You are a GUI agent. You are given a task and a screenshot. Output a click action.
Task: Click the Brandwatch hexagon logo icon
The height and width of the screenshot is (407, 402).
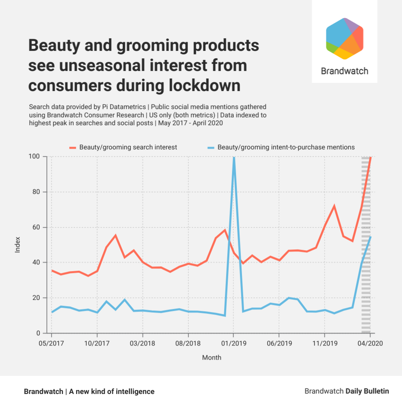[x=344, y=39]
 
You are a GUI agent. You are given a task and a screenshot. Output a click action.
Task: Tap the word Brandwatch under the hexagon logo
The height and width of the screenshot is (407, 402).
[x=344, y=71]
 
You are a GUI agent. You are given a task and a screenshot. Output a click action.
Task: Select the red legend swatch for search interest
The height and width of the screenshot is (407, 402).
[x=73, y=147]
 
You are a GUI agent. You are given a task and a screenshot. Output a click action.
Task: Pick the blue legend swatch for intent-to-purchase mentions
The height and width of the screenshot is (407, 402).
[x=210, y=147]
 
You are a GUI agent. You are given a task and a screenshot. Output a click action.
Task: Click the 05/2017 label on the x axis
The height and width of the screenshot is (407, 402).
[x=52, y=344]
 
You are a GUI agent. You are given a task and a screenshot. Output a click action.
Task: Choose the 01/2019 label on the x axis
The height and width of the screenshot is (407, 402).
[x=234, y=344]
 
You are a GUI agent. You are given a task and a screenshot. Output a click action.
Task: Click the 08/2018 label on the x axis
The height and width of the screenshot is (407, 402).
[x=188, y=344]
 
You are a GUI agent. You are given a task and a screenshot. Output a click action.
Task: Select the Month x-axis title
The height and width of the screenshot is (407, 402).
[x=212, y=358]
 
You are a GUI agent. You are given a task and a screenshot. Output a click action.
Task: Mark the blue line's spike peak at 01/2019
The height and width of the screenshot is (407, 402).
[x=234, y=158]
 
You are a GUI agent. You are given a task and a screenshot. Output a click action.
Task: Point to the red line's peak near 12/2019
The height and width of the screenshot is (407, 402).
[x=334, y=206]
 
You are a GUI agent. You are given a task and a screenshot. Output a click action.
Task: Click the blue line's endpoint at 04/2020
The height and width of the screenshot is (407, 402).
[x=370, y=237]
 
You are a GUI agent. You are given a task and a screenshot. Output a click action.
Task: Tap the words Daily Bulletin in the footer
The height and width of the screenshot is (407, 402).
[x=367, y=391]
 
